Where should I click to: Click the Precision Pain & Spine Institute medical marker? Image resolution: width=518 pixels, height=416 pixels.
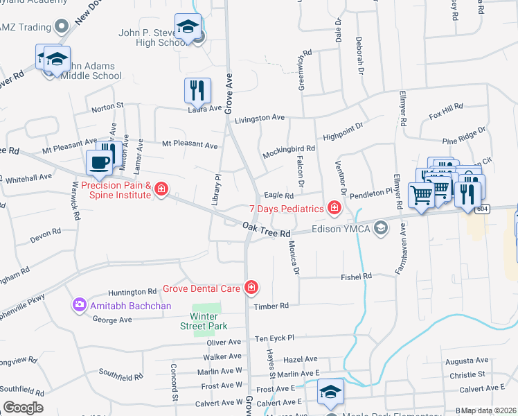click(161, 189)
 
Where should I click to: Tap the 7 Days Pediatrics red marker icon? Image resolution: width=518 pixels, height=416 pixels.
click(334, 208)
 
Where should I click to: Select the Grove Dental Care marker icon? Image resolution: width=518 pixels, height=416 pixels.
click(251, 287)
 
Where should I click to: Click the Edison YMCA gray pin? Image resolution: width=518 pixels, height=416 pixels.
click(380, 227)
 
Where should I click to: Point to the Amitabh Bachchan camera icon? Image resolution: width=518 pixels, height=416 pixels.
click(79, 304)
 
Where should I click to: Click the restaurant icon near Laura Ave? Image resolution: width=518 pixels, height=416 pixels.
click(197, 90)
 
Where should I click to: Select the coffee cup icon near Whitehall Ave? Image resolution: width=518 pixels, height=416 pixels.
click(100, 162)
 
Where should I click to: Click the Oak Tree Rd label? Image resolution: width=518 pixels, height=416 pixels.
click(267, 229)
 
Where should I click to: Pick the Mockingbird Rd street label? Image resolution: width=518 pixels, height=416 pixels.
click(289, 148)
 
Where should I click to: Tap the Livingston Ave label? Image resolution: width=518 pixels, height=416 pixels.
click(260, 119)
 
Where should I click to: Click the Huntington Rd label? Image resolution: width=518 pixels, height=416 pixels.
click(134, 292)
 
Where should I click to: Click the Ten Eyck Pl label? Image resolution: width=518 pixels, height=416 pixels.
click(275, 338)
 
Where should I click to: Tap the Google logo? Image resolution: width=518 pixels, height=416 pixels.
click(23, 408)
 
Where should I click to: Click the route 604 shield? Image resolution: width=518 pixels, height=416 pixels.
click(483, 209)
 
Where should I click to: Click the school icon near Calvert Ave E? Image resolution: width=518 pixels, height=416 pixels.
click(331, 391)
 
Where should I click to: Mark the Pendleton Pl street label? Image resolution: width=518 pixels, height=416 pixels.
click(370, 196)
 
